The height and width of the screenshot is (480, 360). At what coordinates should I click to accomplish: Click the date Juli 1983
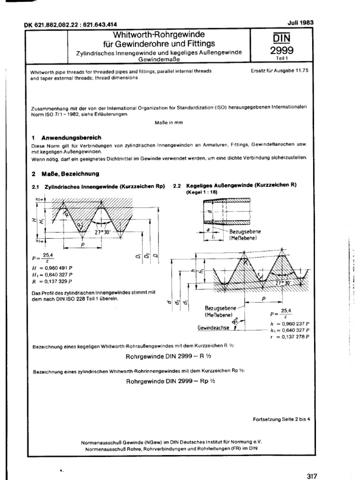pyautogui.click(x=300, y=22)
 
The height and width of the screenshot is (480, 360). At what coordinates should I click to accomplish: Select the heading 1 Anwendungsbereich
pyautogui.click(x=66, y=138)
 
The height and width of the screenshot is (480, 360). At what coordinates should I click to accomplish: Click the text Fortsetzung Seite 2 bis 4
pyautogui.click(x=281, y=420)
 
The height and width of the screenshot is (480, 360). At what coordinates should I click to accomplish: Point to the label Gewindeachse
pyautogui.click(x=214, y=329)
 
